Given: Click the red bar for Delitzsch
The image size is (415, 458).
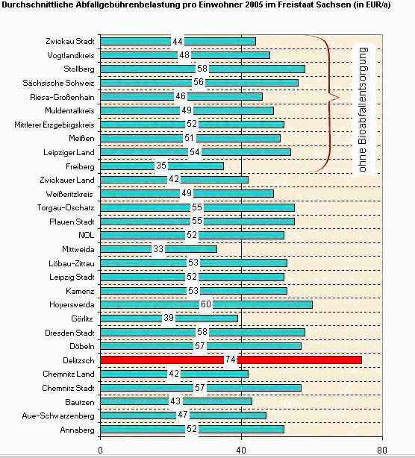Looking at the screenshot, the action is tap(231, 360).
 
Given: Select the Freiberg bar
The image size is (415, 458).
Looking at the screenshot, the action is tap(162, 166).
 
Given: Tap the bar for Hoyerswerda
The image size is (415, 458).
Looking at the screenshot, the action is tap(206, 304).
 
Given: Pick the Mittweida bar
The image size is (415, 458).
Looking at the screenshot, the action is tap(158, 249).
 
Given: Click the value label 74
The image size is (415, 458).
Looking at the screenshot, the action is tap(231, 360).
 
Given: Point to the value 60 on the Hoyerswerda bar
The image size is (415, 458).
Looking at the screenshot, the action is tap(206, 304).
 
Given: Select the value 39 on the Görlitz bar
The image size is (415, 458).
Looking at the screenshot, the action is tap(169, 318).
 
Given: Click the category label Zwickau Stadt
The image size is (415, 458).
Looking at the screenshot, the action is tap(70, 42).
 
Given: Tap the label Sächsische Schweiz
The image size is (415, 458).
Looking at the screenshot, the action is tap(58, 83).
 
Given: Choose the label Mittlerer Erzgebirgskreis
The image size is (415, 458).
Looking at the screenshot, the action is tap(54, 125).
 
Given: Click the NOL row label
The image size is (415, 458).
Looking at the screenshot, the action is tap(87, 235).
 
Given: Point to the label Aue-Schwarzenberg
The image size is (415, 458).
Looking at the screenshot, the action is tap(58, 415).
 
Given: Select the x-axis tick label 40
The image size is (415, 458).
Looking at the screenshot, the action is tap(241, 450).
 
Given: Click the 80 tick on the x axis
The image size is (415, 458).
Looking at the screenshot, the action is tap(382, 450).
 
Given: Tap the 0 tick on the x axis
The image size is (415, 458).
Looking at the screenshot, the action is tap(100, 450).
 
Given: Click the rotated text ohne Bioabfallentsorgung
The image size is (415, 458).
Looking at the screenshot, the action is tap(363, 110).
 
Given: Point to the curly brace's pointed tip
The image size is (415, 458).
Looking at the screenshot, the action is tap(339, 97).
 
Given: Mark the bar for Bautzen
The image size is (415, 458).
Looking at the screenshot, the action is tap(176, 401).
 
